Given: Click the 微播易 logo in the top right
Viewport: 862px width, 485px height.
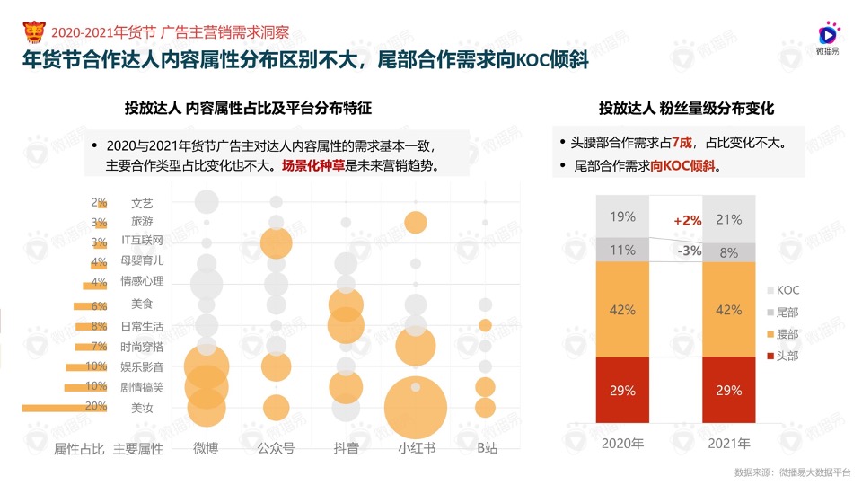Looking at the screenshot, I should pyautogui.click(x=827, y=39).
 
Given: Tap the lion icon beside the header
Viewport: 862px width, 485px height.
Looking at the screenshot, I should pyautogui.click(x=35, y=33).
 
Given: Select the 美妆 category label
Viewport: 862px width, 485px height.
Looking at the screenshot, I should pyautogui.click(x=142, y=408).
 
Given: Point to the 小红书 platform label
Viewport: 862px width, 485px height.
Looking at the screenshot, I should pyautogui.click(x=416, y=447).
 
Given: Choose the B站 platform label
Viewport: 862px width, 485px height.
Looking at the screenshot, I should pyautogui.click(x=486, y=447).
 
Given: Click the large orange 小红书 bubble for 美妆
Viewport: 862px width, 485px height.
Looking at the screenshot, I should pyautogui.click(x=415, y=409).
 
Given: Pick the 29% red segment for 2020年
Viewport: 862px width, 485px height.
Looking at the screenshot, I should pyautogui.click(x=622, y=390).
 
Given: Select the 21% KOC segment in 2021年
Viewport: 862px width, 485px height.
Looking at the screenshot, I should pyautogui.click(x=728, y=219).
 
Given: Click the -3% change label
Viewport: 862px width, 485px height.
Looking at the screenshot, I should pyautogui.click(x=689, y=251).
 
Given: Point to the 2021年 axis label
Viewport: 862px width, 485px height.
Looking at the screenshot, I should pyautogui.click(x=728, y=444).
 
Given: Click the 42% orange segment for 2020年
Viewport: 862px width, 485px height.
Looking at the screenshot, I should pyautogui.click(x=622, y=310).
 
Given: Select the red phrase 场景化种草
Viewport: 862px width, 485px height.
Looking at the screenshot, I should pyautogui.click(x=313, y=165).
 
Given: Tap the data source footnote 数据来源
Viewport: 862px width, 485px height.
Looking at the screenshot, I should pyautogui.click(x=791, y=472).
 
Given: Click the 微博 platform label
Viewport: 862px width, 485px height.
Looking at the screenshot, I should pyautogui.click(x=206, y=447).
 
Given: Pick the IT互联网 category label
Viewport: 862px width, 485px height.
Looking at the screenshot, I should pyautogui.click(x=142, y=241).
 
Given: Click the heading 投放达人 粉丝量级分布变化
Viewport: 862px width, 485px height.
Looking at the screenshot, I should pyautogui.click(x=687, y=109).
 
